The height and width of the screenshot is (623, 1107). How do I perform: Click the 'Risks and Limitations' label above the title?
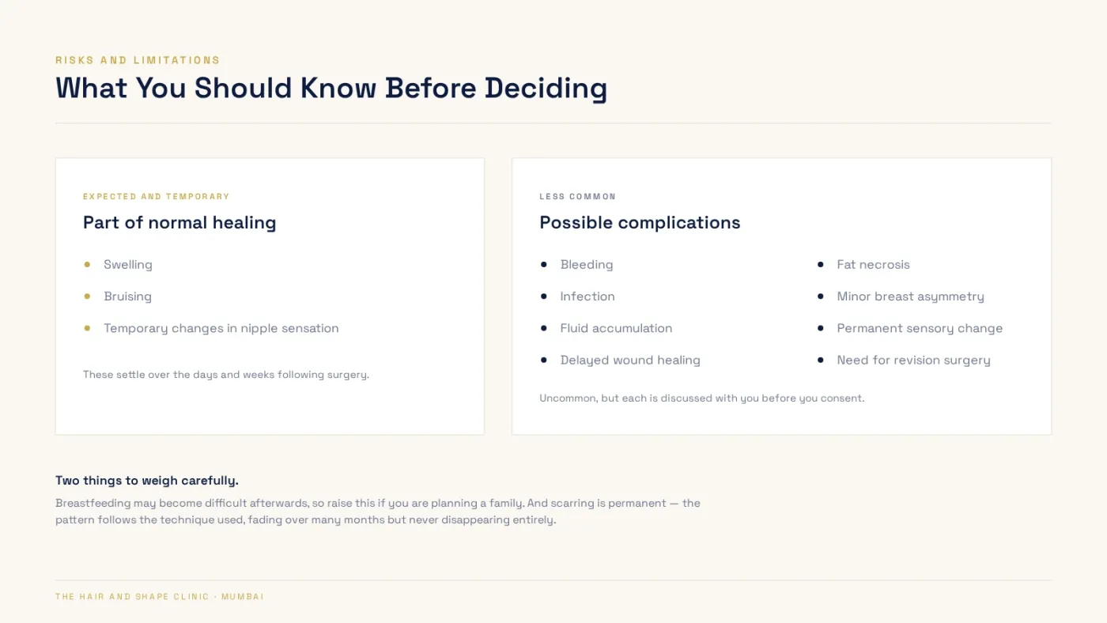(138, 60)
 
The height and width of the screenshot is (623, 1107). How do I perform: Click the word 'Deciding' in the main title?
(546, 89)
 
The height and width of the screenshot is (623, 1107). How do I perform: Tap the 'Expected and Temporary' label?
(157, 197)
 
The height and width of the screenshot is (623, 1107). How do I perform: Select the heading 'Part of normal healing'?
(179, 223)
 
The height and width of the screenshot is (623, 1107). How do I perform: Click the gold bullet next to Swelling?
(87, 264)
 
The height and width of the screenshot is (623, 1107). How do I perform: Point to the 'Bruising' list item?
(127, 296)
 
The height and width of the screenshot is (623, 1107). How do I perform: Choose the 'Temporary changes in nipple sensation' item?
(221, 329)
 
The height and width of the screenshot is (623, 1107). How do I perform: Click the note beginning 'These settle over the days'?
(226, 375)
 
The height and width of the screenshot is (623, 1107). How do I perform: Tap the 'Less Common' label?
(578, 197)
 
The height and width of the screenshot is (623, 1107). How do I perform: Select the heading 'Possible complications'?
(640, 223)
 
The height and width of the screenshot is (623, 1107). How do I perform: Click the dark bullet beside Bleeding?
(544, 264)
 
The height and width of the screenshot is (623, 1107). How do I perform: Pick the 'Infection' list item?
(587, 296)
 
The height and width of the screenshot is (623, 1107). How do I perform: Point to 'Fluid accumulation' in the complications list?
(616, 329)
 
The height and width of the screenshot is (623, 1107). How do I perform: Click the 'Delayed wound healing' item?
(630, 361)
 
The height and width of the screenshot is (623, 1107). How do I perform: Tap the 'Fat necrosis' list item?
(873, 265)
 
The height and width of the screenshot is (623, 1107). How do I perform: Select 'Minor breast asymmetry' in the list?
(910, 296)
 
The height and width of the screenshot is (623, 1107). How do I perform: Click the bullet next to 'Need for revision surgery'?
(821, 361)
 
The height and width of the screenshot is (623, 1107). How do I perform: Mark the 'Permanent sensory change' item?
(919, 329)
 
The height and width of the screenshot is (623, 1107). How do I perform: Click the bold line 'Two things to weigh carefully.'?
(147, 481)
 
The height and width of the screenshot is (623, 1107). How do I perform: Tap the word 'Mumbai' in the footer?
(243, 597)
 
